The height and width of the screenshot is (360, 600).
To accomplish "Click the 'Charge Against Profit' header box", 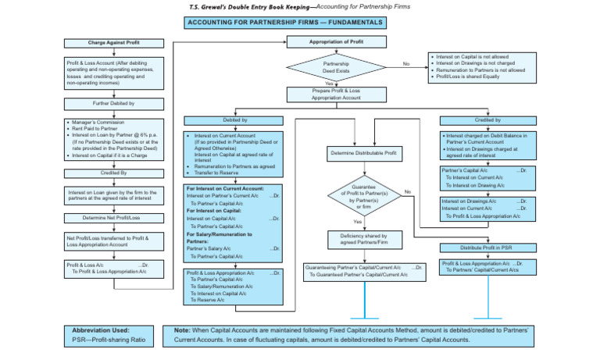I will click(x=114, y=43).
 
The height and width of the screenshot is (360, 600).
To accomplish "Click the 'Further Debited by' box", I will click(x=114, y=103).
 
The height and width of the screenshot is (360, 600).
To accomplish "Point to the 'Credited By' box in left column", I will click(x=114, y=173).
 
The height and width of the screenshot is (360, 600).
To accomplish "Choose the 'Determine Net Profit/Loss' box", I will click(x=114, y=217).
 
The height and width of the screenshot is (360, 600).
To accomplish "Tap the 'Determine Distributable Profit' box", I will click(x=363, y=154).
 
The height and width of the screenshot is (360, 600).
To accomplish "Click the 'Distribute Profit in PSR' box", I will click(x=487, y=248).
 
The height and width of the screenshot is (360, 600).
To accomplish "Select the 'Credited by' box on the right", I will click(x=487, y=120).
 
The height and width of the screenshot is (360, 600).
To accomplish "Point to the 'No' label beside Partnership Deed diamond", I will click(x=405, y=63).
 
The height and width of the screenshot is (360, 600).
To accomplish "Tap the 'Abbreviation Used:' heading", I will click(x=102, y=330).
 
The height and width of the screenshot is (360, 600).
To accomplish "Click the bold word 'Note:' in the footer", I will click(x=183, y=330).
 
